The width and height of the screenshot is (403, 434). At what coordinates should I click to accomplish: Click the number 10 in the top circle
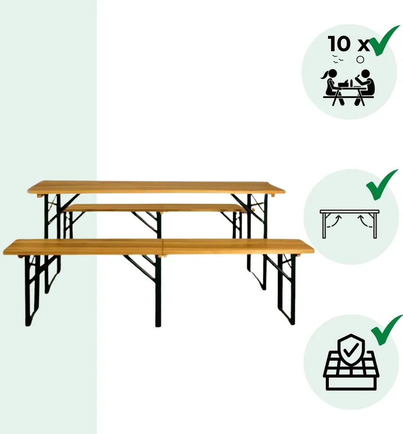pyautogui.click(x=339, y=44)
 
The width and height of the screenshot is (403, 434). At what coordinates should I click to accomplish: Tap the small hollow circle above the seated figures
pyautogui.click(x=360, y=60)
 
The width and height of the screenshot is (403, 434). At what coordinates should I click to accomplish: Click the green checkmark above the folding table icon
pyautogui.click(x=382, y=184)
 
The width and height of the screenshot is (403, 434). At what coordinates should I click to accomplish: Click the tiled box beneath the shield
pyautogui.click(x=351, y=376)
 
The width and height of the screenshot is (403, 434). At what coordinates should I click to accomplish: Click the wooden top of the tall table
pyautogui.click(x=156, y=187)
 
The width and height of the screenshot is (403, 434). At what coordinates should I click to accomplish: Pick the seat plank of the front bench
pyautogui.click(x=158, y=246)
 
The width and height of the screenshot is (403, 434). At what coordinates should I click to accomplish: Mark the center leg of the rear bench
pyautogui.click(x=158, y=225)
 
